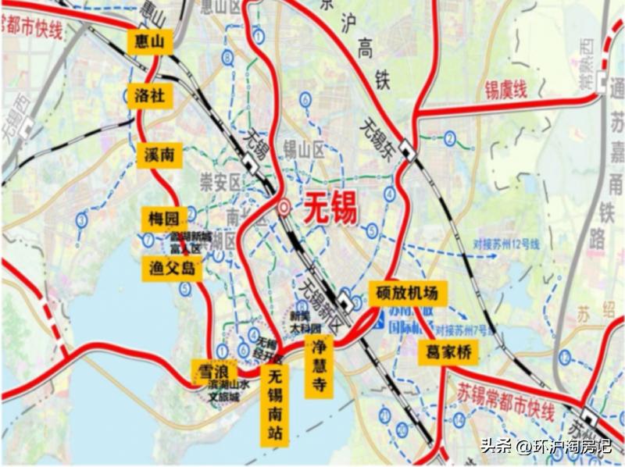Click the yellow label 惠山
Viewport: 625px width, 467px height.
coord(149,42)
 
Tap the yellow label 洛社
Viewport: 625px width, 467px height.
coord(149,96)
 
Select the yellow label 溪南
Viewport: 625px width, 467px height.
coord(159,155)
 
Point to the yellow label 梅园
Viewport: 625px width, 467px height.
coord(164,218)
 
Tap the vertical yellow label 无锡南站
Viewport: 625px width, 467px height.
coord(273,405)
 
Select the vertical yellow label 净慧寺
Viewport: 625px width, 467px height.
coord(319,366)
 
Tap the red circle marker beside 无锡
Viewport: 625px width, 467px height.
coord(283,208)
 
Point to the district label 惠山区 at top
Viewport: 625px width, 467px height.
coord(218,6)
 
